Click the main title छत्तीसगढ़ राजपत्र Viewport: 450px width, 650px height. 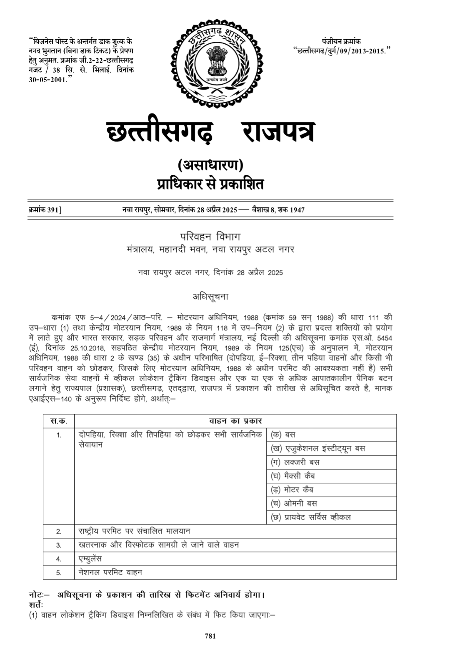coord(211,132)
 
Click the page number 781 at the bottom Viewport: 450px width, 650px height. coord(210,636)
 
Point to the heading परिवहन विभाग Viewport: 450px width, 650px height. coord(210,237)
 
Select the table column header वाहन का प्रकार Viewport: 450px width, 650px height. coord(235,421)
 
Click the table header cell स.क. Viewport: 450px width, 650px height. coord(59,421)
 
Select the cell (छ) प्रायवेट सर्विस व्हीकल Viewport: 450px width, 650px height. coord(311,517)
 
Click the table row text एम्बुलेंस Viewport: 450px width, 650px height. coord(90,559)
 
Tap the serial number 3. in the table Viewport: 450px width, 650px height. coord(59,545)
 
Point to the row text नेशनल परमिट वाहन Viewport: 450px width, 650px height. coord(110,572)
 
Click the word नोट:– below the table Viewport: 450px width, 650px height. coord(40,595)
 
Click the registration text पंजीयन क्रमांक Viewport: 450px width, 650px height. coord(341,41)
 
